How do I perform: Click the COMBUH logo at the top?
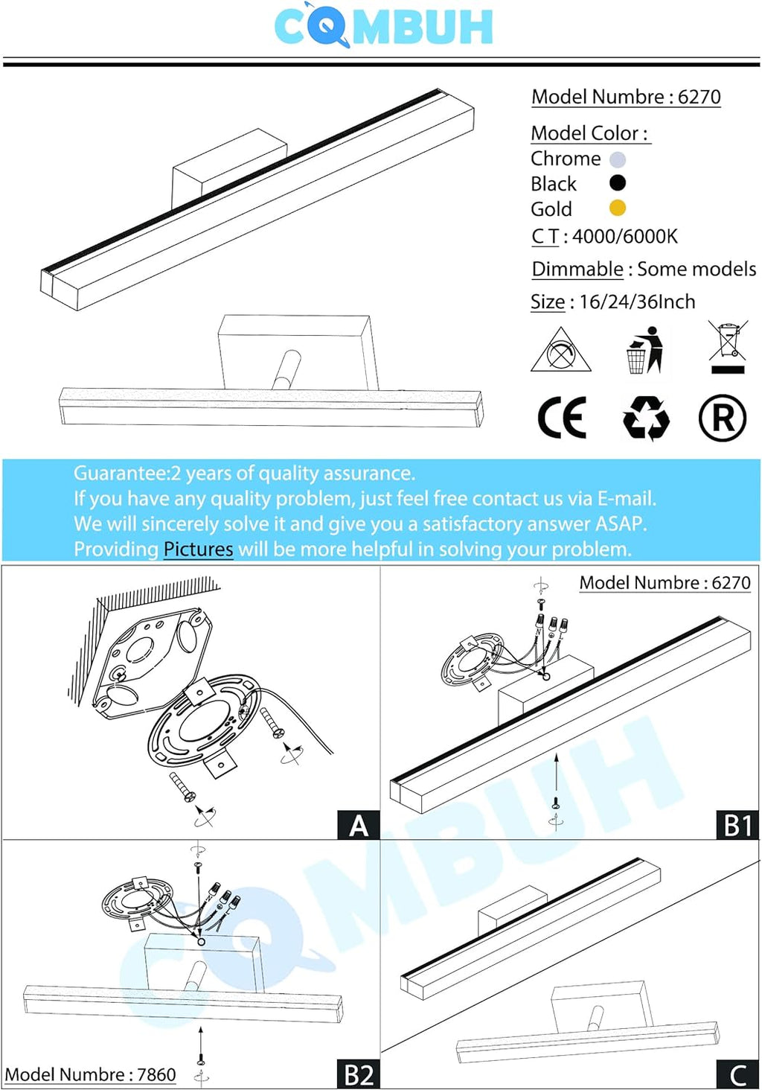(x=383, y=27)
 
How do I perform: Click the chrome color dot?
(x=618, y=159)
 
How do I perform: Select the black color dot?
(x=618, y=183)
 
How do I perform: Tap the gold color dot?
(x=618, y=208)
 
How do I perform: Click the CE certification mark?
(x=562, y=418)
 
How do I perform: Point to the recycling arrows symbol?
(x=646, y=418)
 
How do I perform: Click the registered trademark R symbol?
(x=722, y=418)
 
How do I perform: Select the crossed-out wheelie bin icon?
(x=727, y=347)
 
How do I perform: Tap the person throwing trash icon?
(x=644, y=350)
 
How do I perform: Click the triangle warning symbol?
(x=560, y=351)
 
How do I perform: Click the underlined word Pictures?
(x=198, y=549)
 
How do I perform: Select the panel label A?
(x=359, y=826)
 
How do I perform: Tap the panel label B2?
(x=359, y=1075)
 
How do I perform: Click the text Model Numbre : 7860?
(x=90, y=1074)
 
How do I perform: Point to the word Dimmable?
(x=577, y=269)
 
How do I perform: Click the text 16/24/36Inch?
(x=637, y=302)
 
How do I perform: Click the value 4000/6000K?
(x=625, y=237)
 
